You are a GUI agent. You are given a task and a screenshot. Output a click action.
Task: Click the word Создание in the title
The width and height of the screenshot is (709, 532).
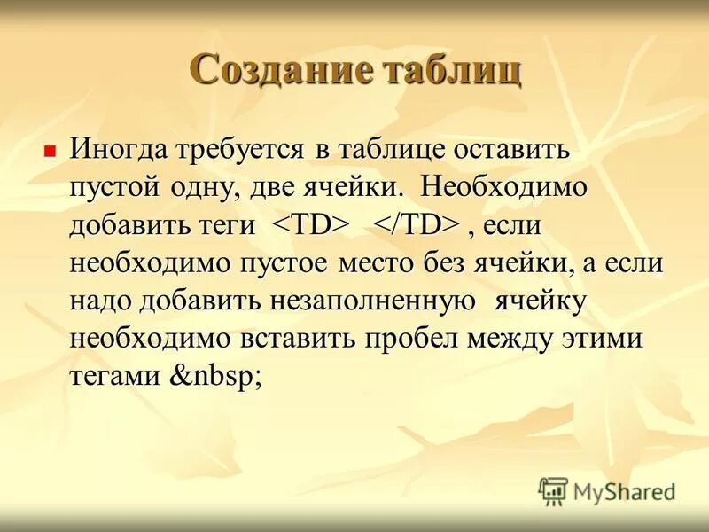click(282, 70)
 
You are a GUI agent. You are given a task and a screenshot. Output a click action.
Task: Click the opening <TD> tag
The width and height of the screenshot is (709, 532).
click(310, 226)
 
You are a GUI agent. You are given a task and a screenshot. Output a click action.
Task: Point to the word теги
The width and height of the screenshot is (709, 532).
click(228, 226)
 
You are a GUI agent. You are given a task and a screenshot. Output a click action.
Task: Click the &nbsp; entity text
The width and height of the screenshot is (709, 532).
click(215, 377)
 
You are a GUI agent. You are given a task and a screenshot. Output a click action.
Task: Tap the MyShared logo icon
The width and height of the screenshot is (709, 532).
click(553, 489)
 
